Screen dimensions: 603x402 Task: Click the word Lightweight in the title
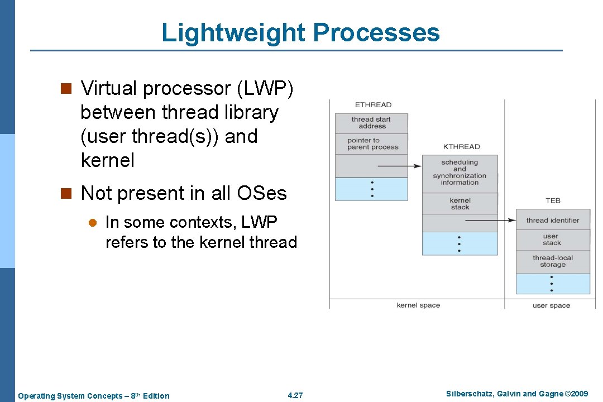coord(233,33)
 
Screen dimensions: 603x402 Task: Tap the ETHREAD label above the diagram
coord(373,104)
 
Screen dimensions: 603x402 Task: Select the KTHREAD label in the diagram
coord(461,147)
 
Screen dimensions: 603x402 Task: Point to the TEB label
coord(553,200)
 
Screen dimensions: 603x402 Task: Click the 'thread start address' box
coord(371,123)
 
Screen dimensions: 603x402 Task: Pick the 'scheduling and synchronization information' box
coord(460,173)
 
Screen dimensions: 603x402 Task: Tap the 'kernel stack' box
coord(460,204)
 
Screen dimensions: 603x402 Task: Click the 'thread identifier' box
coord(553,221)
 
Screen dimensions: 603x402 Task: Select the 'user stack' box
coord(553,240)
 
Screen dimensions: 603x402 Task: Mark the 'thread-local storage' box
coord(553,261)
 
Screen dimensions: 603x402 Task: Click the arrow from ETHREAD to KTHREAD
coord(399,166)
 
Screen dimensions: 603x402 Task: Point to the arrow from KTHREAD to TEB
coord(491,221)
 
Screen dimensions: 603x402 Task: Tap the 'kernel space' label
coord(418,305)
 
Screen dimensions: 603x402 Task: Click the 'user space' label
coord(551,305)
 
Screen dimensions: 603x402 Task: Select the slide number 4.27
coord(295,395)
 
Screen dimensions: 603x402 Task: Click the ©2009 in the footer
coord(576,394)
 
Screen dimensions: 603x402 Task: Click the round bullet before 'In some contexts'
coord(93,223)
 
